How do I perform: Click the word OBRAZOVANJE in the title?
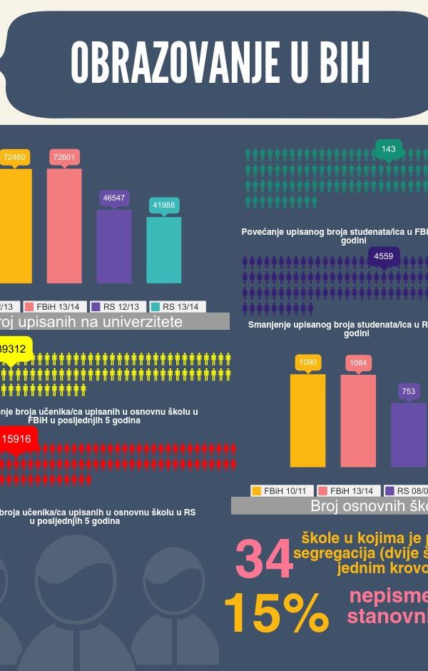[x=174, y=64]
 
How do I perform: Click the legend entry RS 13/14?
[x=178, y=306]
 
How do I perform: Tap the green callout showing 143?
[x=389, y=149]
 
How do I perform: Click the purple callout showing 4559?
[x=384, y=256]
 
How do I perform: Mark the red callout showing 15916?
[x=16, y=439]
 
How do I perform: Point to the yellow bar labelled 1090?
[x=307, y=420]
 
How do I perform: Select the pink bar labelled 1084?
[x=358, y=420]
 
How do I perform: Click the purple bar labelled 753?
[x=409, y=435]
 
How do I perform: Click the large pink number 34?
[x=264, y=559]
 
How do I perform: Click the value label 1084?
[x=358, y=363]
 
